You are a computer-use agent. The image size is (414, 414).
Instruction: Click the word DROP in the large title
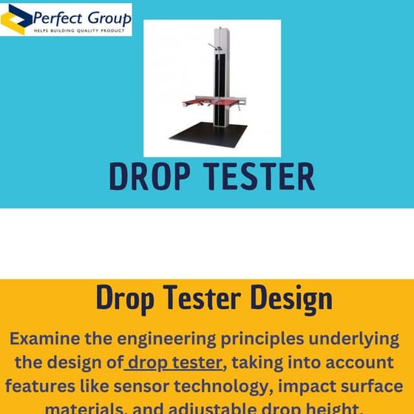point(151,177)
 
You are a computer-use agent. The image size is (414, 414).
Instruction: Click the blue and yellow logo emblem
point(16,19)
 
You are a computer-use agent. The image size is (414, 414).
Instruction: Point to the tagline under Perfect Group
point(81,31)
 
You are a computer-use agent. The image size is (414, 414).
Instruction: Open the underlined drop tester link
point(174,362)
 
